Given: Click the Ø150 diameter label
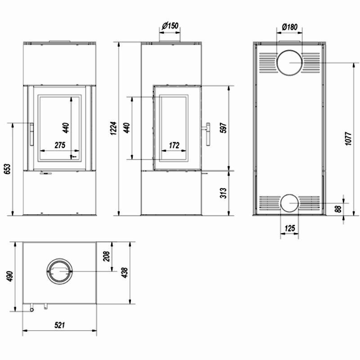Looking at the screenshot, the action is point(170,26).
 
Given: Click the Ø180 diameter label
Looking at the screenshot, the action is point(289,27).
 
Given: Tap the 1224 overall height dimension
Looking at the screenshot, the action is point(114,128).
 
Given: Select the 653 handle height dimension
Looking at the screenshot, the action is point(8,169).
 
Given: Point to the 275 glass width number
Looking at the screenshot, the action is point(60,145).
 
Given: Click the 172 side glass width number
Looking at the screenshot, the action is point(174,145).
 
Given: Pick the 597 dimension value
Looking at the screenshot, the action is point(223,128).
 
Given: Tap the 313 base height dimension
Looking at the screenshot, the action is point(223,193).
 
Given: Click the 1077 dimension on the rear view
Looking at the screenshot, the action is point(348,139).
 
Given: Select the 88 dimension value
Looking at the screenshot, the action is point(338,209).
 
